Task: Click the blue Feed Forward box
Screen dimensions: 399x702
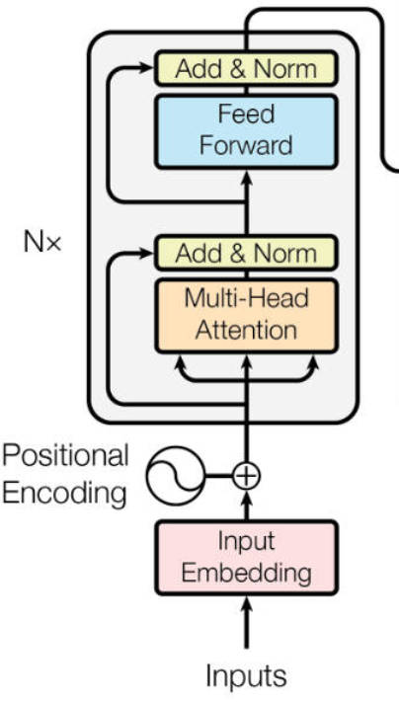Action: point(246,131)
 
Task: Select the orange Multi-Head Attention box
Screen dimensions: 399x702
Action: point(246,316)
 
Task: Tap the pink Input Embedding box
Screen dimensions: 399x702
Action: point(246,558)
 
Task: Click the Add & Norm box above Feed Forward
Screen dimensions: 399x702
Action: point(246,68)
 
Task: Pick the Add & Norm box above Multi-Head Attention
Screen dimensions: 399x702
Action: point(246,254)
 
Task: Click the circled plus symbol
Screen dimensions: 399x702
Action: point(246,476)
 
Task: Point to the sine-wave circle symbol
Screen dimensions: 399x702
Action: point(175,476)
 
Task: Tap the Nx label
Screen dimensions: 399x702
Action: point(41,243)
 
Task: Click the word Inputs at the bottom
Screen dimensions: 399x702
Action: point(246,676)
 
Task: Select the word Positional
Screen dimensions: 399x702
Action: point(65,456)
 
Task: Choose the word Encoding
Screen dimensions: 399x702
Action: point(64,494)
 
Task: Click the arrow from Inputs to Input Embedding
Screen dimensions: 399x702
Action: point(246,622)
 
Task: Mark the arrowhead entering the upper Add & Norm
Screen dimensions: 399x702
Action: point(146,68)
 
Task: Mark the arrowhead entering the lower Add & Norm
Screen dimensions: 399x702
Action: point(146,254)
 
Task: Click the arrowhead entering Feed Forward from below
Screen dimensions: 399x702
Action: point(246,178)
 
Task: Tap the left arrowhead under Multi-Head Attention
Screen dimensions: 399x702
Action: point(180,362)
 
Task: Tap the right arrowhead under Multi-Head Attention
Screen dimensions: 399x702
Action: point(312,362)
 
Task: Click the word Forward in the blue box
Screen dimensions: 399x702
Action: point(246,145)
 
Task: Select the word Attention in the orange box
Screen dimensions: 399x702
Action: point(246,331)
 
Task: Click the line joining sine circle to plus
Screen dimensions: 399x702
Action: point(218,476)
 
